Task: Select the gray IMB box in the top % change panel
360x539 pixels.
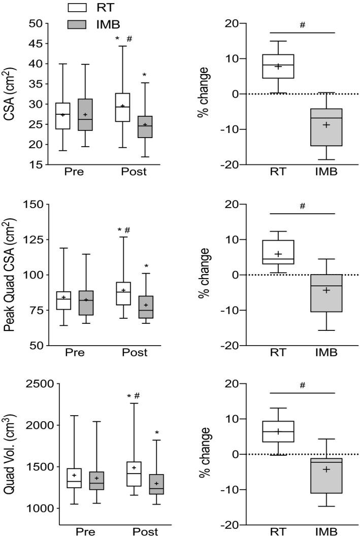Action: [326, 127]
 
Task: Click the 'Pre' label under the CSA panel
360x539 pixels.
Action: [74, 172]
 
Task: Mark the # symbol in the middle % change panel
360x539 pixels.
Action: [303, 207]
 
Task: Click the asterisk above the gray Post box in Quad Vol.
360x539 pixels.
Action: [157, 433]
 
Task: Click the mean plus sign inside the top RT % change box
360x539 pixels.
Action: [278, 66]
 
